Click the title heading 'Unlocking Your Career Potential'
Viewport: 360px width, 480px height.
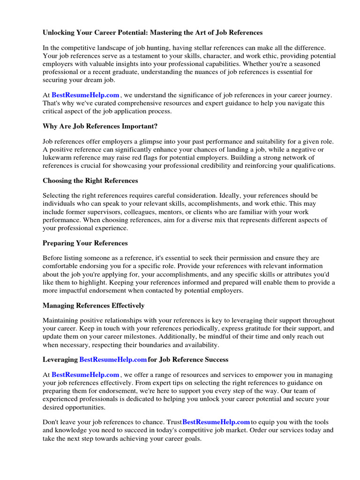pos(152,33)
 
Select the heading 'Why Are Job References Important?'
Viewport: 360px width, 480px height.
pos(100,126)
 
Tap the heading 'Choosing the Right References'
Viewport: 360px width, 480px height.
pos(90,180)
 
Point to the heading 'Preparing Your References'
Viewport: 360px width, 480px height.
pos(85,243)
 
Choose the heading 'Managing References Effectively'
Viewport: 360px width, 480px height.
pos(93,306)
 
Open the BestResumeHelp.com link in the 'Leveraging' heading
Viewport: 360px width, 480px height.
pos(113,360)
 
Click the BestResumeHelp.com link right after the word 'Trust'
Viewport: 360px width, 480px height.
pos(216,422)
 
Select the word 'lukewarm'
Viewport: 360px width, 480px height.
pos(56,157)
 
